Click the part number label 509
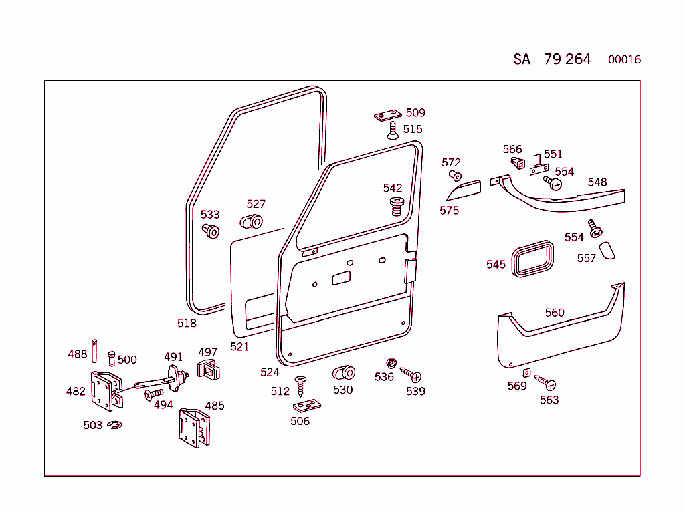[x=415, y=113]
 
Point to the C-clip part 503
[x=114, y=425]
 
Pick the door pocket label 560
[x=555, y=313]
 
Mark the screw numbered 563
[x=545, y=384]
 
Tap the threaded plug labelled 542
[x=396, y=206]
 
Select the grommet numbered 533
[x=211, y=232]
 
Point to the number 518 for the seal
[x=187, y=324]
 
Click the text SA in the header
[x=522, y=59]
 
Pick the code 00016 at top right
[x=624, y=60]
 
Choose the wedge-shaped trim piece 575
[x=464, y=190]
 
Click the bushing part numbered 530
[x=344, y=373]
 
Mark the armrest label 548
[x=597, y=182]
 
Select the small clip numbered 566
[x=516, y=162]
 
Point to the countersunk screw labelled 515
[x=393, y=130]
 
